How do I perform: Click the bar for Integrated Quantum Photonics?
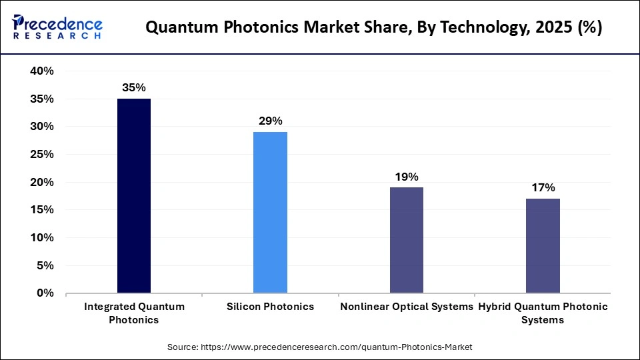click(x=134, y=196)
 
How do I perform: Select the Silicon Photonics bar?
click(x=270, y=213)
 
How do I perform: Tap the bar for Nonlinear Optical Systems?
click(x=406, y=240)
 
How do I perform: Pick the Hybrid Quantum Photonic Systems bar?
click(x=543, y=245)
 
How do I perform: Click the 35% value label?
click(x=134, y=87)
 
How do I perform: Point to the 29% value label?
click(x=270, y=121)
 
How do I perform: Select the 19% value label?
click(x=406, y=176)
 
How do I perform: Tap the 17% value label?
click(x=543, y=187)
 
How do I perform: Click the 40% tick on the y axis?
click(x=41, y=71)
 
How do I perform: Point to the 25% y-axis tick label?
click(x=41, y=155)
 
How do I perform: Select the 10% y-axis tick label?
click(x=41, y=238)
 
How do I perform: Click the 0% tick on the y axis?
click(x=44, y=293)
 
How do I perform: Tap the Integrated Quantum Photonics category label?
click(x=134, y=313)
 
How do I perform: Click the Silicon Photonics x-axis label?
click(x=270, y=307)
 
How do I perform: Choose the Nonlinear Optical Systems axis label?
click(x=406, y=307)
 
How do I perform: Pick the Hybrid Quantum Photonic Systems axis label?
click(x=543, y=313)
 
